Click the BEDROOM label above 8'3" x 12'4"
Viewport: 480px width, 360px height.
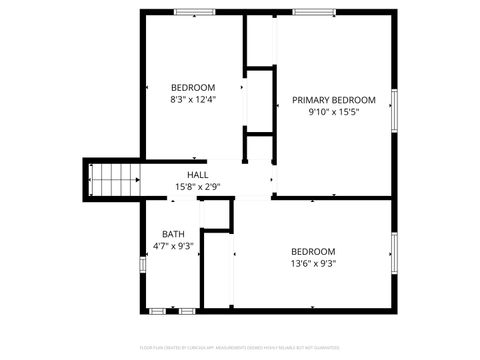(x=193, y=87)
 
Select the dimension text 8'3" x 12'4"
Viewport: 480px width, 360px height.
(x=193, y=99)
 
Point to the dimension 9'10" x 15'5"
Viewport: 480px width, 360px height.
(x=333, y=112)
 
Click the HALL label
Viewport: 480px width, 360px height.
(x=197, y=175)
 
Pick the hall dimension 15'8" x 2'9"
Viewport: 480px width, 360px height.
(x=197, y=187)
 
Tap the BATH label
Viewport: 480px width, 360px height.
(x=173, y=235)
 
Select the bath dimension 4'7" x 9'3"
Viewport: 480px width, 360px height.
(x=173, y=246)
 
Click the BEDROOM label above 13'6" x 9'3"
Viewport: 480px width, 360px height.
(x=313, y=251)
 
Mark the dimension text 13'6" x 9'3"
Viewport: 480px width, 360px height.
(x=313, y=264)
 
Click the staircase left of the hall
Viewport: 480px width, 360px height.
(x=113, y=181)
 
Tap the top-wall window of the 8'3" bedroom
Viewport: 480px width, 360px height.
(x=188, y=11)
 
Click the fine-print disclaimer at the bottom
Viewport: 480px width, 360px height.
(x=240, y=347)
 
